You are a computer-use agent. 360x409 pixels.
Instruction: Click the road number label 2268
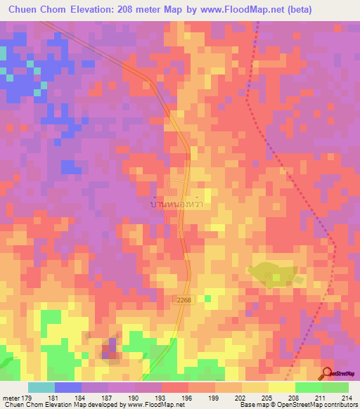(184, 299)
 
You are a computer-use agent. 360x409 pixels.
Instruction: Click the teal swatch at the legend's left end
(41, 388)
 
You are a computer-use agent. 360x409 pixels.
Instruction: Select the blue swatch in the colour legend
(68, 388)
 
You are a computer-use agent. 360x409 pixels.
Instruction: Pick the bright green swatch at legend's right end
(335, 388)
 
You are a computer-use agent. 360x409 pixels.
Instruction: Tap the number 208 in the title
(148, 10)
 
